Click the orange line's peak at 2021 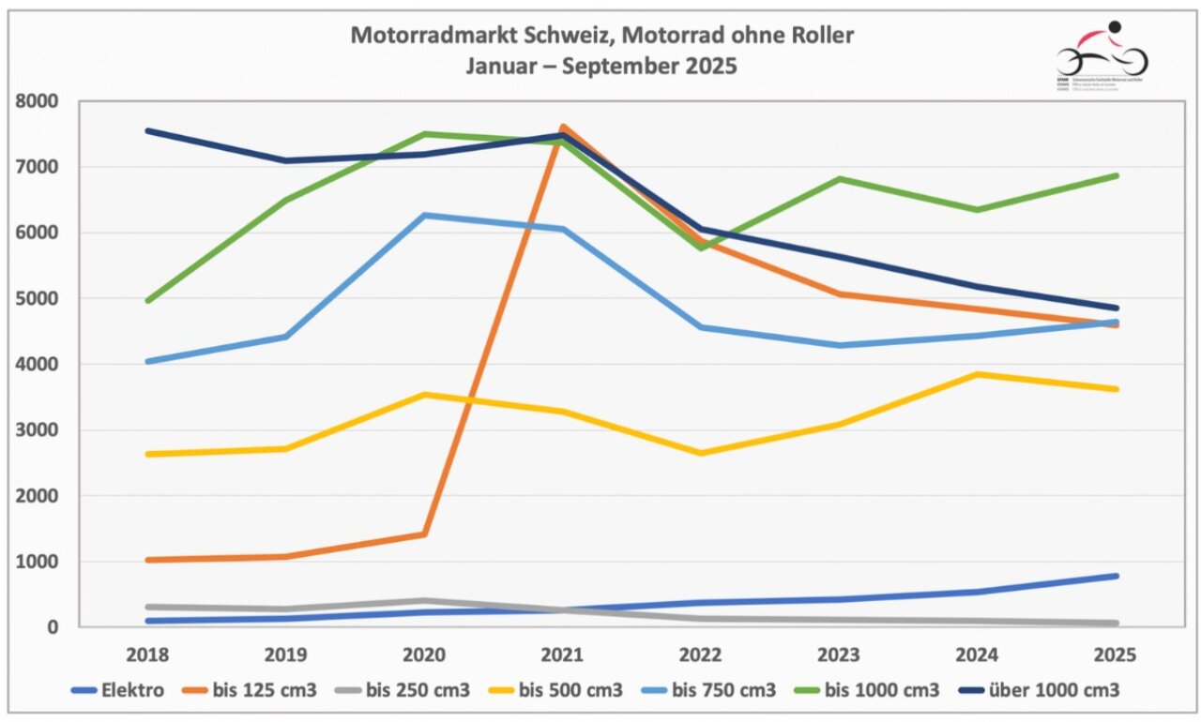[x=561, y=127]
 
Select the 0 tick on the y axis [x=54, y=627]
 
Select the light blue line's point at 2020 [x=424, y=216]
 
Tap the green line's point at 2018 [x=149, y=301]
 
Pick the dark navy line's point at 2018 [x=149, y=130]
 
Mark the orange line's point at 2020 [x=424, y=534]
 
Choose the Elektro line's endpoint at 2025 [x=1116, y=576]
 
